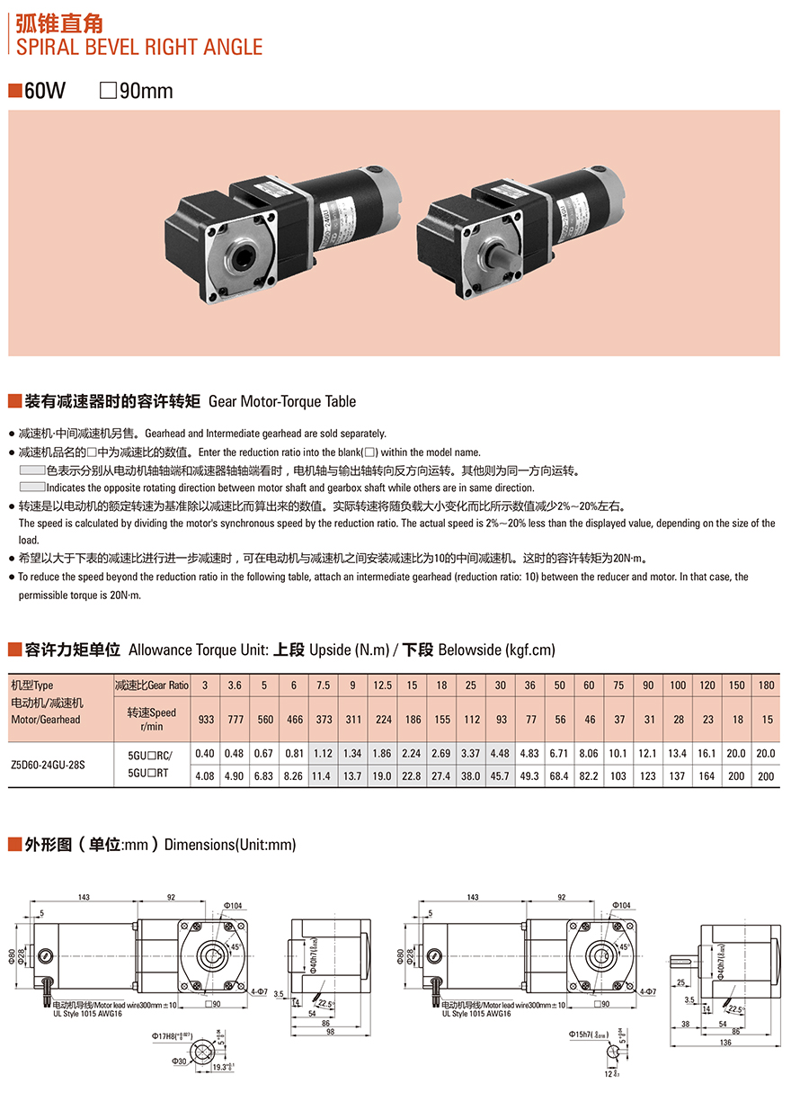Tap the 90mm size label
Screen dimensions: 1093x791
pos(145,91)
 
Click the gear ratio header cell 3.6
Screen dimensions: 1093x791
pos(235,685)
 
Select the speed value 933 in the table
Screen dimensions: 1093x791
pos(205,720)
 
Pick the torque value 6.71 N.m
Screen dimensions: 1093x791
pos(559,753)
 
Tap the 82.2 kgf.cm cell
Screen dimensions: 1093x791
pos(589,775)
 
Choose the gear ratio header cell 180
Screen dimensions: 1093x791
pos(766,685)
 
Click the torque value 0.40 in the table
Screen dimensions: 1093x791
pos(205,753)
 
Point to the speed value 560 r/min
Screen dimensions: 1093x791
pos(264,720)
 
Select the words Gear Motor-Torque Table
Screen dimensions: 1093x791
pos(282,401)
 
